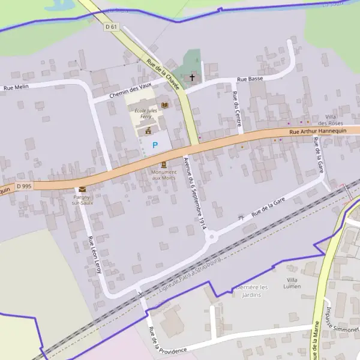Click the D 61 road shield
click(111, 26)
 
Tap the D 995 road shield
click(24, 186)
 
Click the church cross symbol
click(193, 77)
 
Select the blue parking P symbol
click(155, 145)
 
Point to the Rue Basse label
click(250, 79)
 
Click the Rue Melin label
click(17, 88)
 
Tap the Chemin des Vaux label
click(131, 92)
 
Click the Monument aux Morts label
click(164, 175)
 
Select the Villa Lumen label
click(293, 283)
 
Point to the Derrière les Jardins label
click(251, 290)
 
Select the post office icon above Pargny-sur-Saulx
click(82, 189)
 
